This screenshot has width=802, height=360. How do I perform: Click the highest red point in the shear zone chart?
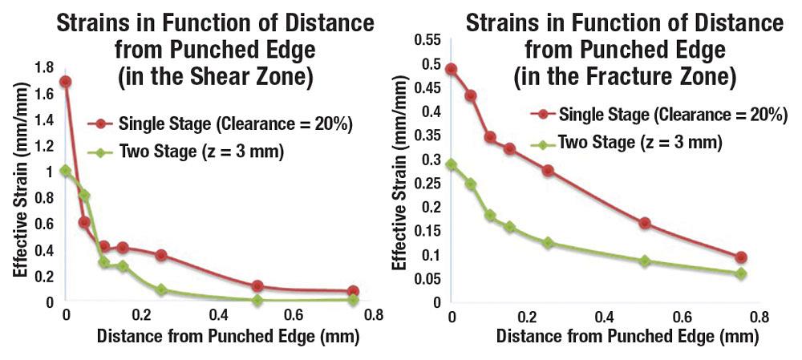[x=66, y=82]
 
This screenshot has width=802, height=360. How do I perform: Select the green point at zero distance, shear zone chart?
[x=66, y=171]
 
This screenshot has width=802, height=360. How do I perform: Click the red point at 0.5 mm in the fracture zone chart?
[x=644, y=223]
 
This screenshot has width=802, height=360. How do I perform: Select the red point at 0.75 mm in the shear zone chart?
[x=353, y=292]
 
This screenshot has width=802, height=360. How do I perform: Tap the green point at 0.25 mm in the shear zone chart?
[x=161, y=289]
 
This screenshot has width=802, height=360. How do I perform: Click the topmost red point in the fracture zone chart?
[x=452, y=69]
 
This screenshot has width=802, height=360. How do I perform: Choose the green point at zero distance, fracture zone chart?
[x=452, y=164]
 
